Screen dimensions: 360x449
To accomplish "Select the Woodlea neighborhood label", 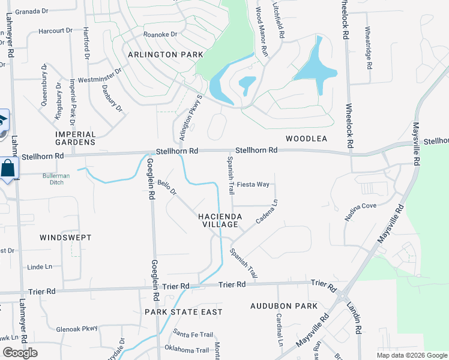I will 306,139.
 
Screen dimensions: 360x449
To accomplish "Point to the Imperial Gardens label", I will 75,138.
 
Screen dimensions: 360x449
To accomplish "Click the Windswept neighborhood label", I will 65,238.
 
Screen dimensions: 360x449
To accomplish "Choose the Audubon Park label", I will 284,306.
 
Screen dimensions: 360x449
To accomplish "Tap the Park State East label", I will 183,312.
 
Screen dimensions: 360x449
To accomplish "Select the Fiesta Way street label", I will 253,184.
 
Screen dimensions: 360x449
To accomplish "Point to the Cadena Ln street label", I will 267,212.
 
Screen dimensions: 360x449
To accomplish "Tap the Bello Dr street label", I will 167,188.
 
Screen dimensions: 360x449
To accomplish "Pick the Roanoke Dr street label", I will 160,35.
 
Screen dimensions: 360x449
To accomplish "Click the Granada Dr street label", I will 31,11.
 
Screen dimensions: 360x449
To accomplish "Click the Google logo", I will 20,353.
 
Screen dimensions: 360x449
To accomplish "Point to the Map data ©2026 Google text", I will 411,355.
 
